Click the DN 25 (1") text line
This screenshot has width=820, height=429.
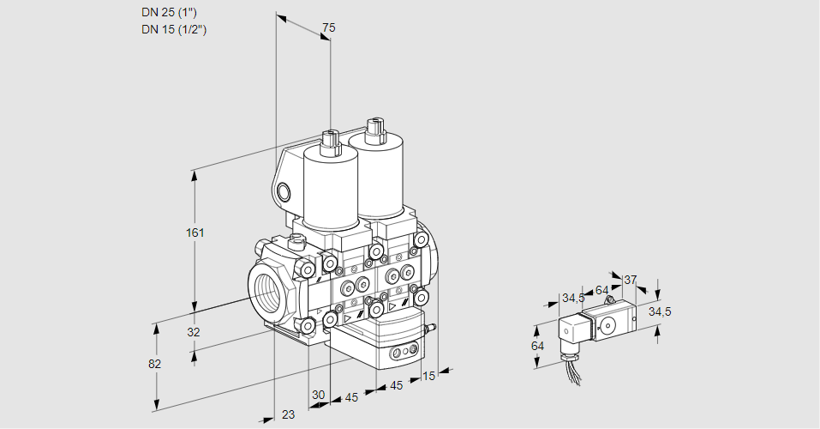point(174,13)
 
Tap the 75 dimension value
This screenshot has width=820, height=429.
point(327,28)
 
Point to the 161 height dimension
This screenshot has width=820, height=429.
point(197,233)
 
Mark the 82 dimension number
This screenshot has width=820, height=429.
point(154,364)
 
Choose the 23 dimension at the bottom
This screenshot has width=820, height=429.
point(288,414)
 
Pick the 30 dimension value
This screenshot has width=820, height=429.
point(319,395)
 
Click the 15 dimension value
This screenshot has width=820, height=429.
point(429,375)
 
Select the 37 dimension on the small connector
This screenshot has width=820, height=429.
point(630,280)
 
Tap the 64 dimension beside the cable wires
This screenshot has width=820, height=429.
point(537,346)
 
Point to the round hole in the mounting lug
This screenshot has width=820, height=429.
point(286,190)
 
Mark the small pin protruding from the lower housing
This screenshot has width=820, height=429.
point(432,327)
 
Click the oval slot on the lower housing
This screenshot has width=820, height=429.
point(401,353)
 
